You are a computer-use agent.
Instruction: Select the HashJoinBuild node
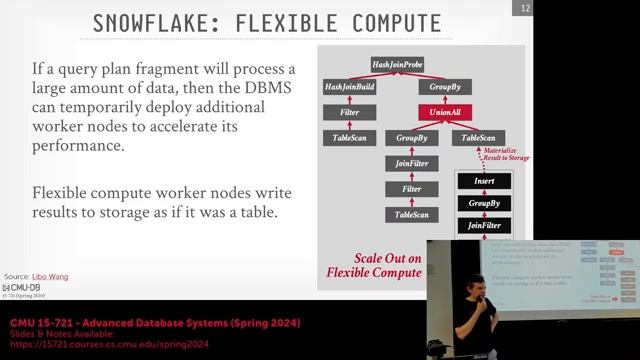pos(350,88)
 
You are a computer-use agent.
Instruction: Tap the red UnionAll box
pos(445,113)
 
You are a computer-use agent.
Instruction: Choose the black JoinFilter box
pos(478,226)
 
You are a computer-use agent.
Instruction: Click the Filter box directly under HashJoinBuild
pos(350,113)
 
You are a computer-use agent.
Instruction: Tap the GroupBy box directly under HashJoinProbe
pos(445,88)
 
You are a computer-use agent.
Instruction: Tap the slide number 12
pos(526,9)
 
